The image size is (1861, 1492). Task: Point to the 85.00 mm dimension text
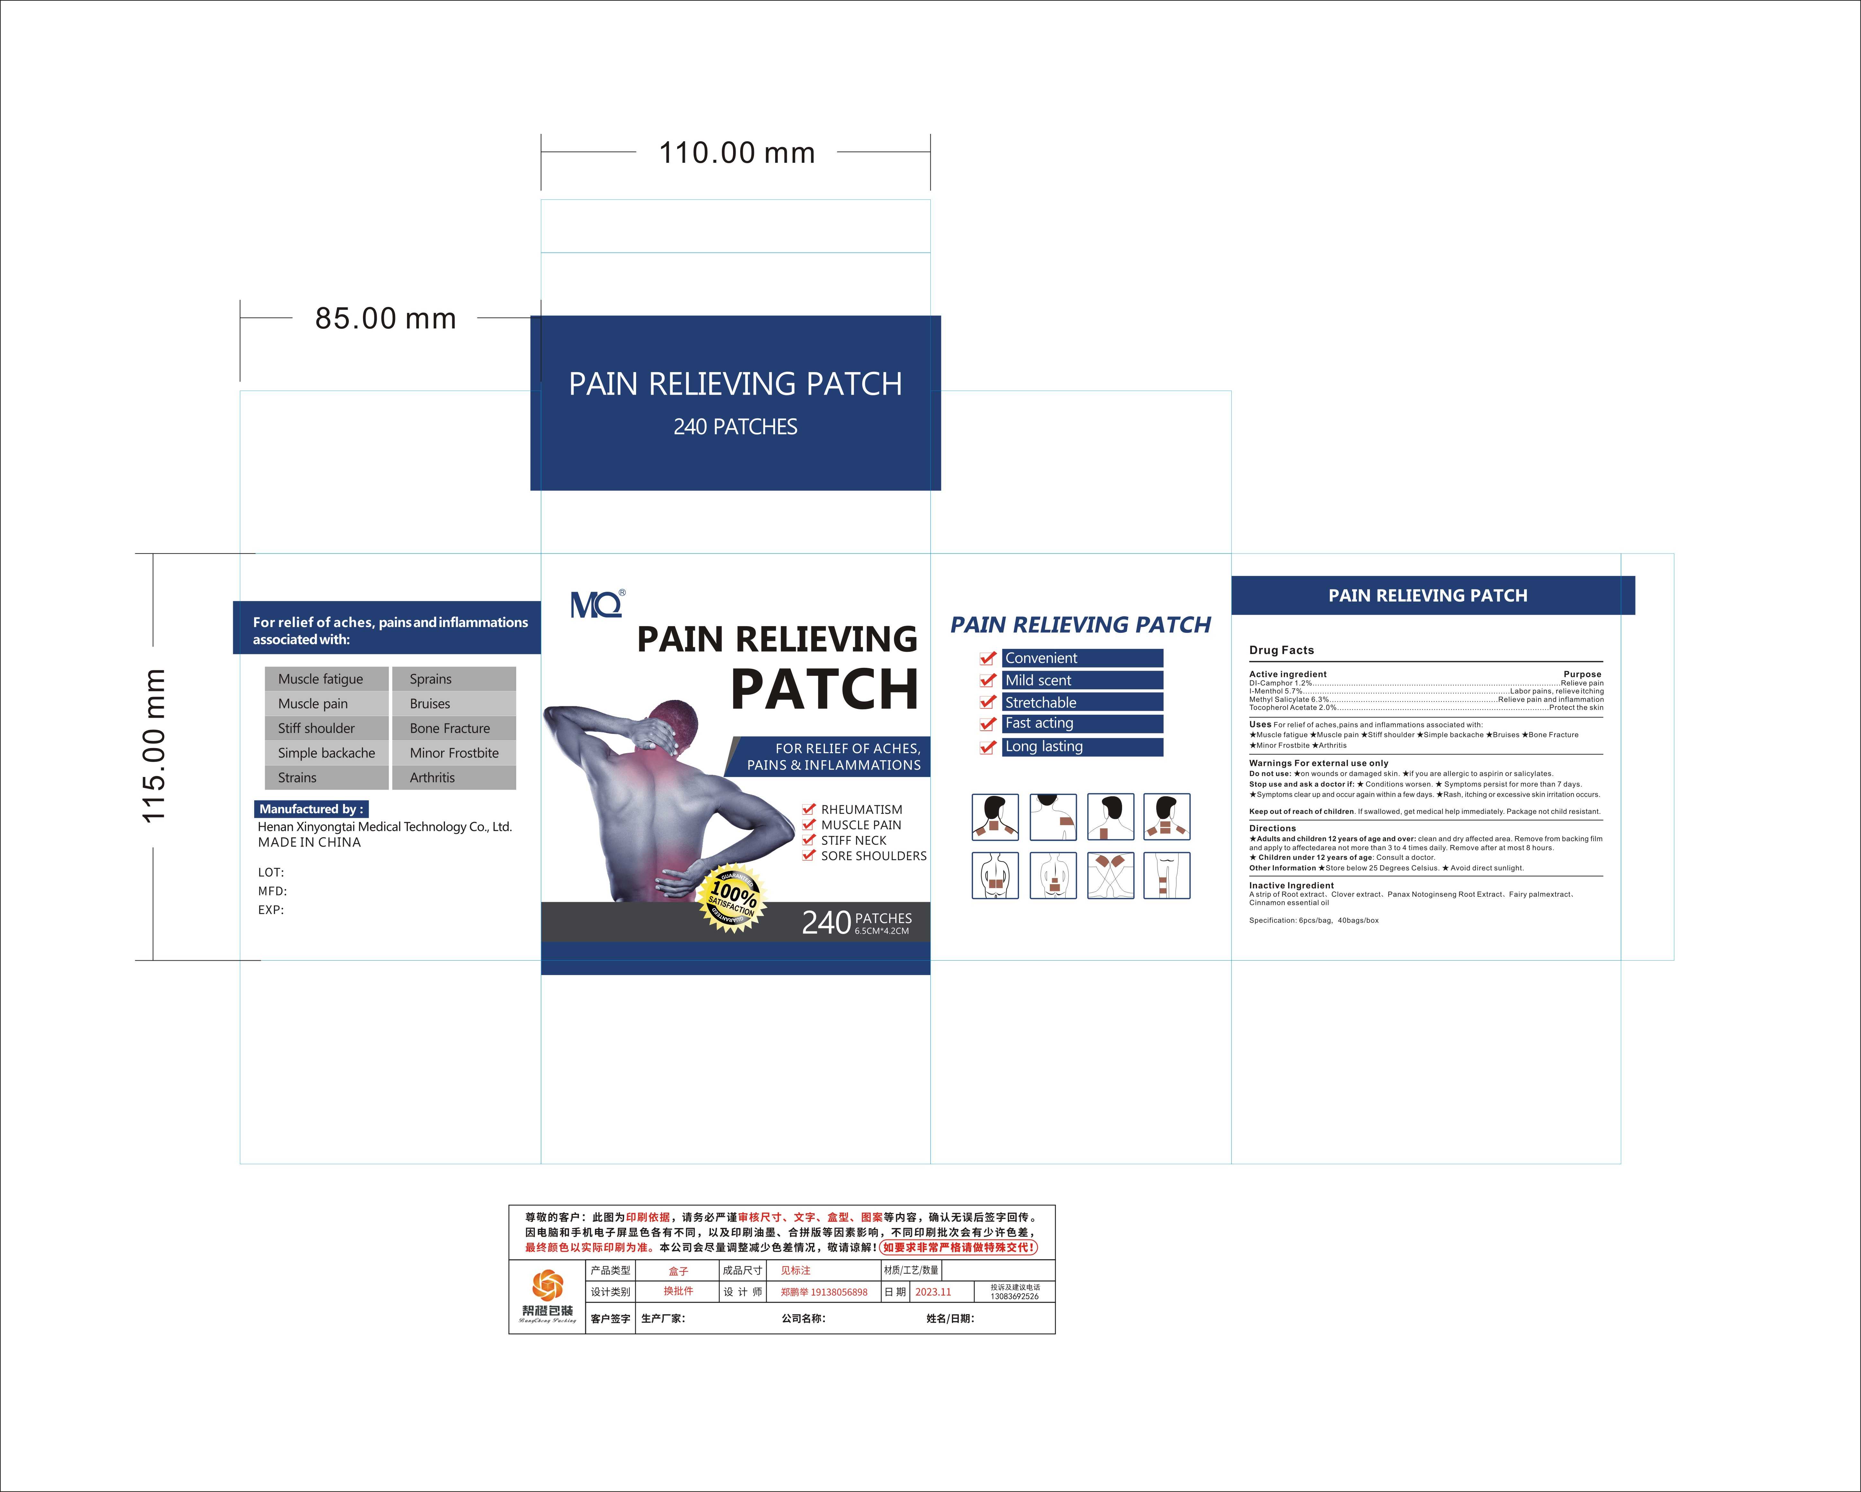pos(385,318)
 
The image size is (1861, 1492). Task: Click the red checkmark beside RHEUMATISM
pos(809,809)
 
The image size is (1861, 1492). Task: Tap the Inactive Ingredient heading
pos(1291,886)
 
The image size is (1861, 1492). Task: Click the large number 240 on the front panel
pos(826,922)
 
